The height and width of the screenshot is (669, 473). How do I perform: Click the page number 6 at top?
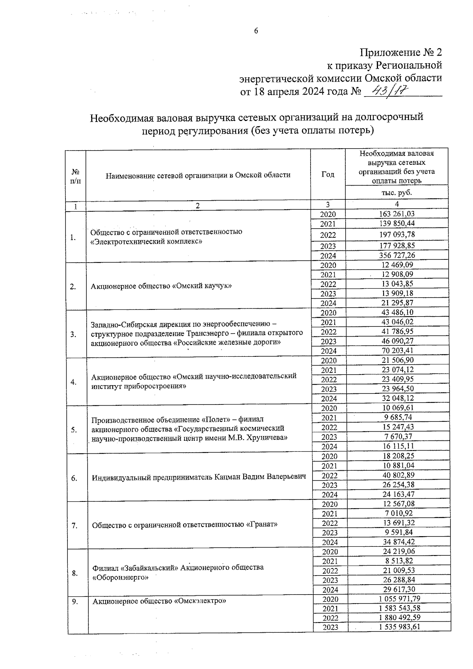tap(256, 32)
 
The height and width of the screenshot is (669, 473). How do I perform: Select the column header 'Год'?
tap(328, 174)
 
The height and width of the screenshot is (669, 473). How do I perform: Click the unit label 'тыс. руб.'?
tap(397, 193)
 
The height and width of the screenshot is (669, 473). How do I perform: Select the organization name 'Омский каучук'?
tap(202, 286)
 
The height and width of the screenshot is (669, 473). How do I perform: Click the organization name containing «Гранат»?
tap(184, 525)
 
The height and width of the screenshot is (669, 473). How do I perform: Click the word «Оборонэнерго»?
tap(121, 577)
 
